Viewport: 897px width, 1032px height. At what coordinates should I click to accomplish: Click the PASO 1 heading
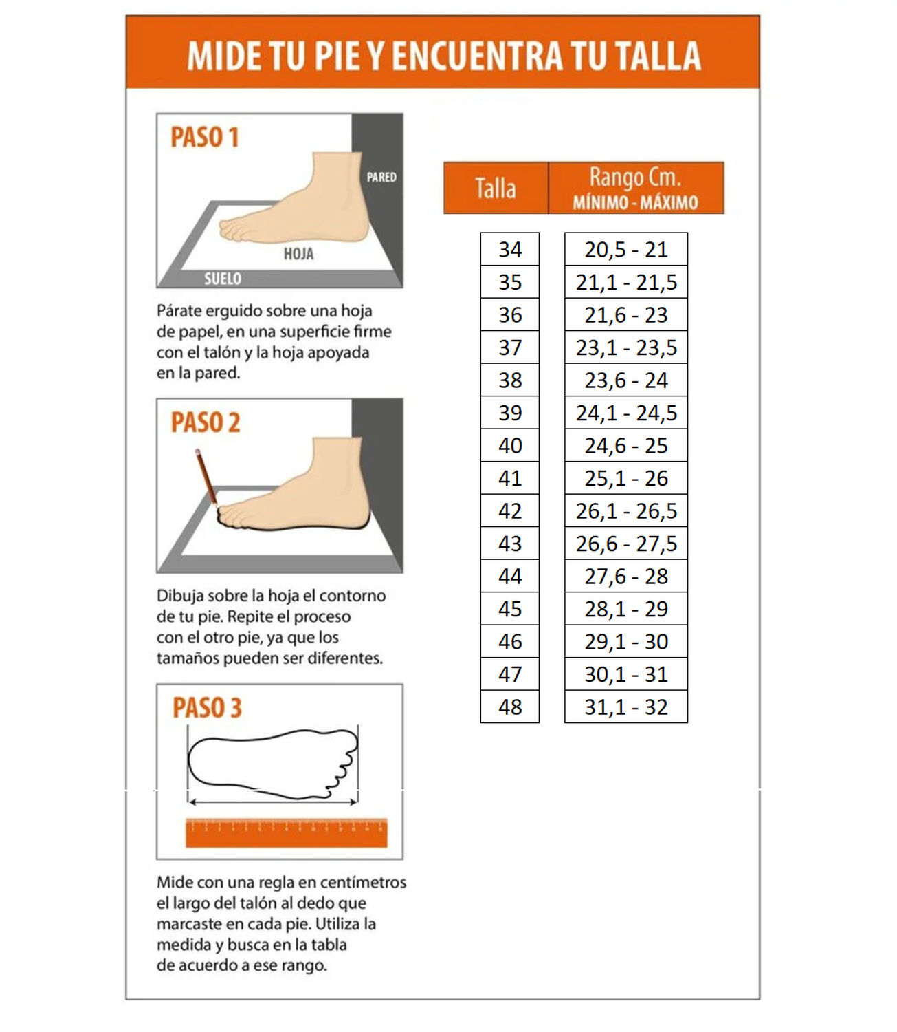[x=204, y=137]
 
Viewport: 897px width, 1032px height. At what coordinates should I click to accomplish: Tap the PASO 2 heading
[x=206, y=422]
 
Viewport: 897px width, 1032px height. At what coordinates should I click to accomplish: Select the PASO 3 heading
[x=207, y=708]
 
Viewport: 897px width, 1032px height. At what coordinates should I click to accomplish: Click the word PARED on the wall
[x=381, y=177]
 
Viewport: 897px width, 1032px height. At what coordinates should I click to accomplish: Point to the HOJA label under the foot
[x=298, y=254]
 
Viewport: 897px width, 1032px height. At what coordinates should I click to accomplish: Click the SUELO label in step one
[x=223, y=279]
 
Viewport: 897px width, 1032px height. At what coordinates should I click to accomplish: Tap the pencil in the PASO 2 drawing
[x=206, y=477]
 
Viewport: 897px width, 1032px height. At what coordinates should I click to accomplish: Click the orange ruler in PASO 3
[x=286, y=832]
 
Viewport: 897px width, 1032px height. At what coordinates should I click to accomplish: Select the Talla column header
[x=496, y=188]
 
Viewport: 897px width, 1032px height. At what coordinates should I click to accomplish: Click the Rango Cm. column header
[x=635, y=188]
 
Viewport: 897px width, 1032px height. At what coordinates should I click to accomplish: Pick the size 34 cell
[x=509, y=249]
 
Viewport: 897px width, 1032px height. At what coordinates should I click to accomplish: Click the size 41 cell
[x=509, y=478]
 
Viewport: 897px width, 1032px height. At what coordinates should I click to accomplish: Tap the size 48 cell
[x=509, y=707]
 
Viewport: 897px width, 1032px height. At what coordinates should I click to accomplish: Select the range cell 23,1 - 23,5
[x=625, y=347]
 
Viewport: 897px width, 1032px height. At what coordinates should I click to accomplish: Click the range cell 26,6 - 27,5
[x=625, y=544]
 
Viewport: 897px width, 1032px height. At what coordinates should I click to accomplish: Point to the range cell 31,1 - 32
[x=625, y=707]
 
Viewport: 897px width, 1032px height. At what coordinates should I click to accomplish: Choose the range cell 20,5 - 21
[x=625, y=249]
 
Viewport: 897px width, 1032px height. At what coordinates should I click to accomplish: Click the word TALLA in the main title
[x=657, y=56]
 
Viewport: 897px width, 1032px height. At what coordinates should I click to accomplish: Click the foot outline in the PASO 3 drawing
[x=272, y=763]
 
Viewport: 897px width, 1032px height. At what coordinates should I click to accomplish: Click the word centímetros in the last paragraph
[x=363, y=882]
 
